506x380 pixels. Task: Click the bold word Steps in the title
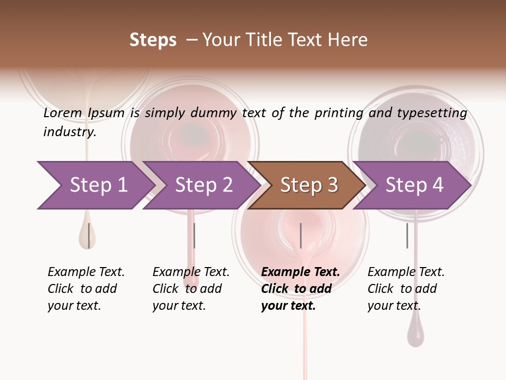pos(153,40)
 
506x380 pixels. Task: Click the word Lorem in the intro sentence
pos(62,112)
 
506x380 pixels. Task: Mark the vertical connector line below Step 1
pos(89,235)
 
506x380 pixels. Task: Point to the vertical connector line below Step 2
pos(194,235)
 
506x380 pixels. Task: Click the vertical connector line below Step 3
pos(301,235)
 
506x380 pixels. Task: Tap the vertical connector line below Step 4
pos(407,235)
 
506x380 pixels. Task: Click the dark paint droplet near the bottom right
pos(415,336)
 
